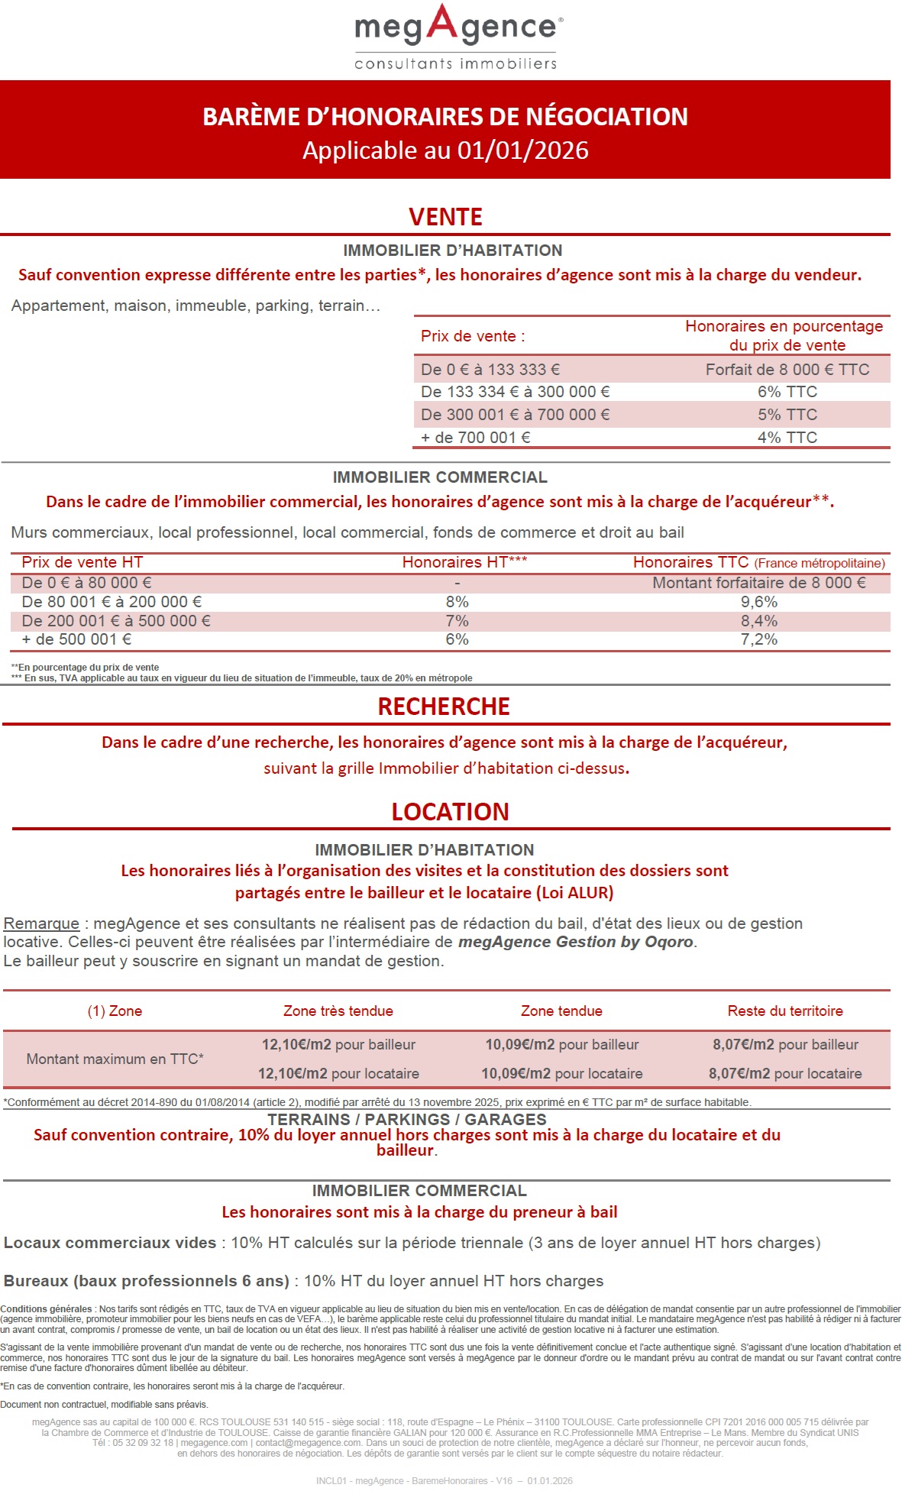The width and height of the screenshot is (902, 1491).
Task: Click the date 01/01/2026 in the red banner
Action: (x=522, y=150)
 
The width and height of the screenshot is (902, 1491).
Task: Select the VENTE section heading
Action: (x=445, y=217)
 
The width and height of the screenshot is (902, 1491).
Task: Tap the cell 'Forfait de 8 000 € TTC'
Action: (x=787, y=370)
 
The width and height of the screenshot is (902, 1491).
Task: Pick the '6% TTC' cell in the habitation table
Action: (x=787, y=392)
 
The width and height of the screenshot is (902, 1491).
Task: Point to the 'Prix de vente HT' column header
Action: (x=82, y=562)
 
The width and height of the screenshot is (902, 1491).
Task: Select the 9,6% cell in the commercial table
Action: (x=758, y=602)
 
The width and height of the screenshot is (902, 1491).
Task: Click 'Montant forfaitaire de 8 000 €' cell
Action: (x=758, y=583)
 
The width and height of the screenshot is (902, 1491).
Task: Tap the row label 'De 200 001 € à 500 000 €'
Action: (x=116, y=621)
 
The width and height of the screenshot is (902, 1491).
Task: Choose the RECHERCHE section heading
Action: (x=444, y=707)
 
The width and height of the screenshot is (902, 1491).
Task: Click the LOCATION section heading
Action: (x=450, y=812)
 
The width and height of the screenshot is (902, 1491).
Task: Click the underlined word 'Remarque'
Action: (x=41, y=923)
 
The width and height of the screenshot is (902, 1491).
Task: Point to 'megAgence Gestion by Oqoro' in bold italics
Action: (x=575, y=942)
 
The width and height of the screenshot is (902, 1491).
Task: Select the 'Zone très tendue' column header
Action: (x=338, y=1011)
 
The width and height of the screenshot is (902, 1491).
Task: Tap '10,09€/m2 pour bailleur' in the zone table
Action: (x=561, y=1045)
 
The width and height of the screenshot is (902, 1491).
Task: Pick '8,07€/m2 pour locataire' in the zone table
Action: (x=784, y=1074)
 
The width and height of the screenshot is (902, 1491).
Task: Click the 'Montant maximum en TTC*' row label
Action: (x=115, y=1059)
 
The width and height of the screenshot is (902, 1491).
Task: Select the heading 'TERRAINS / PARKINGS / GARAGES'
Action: (x=406, y=1120)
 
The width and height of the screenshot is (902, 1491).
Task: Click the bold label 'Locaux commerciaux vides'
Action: (x=110, y=1243)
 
